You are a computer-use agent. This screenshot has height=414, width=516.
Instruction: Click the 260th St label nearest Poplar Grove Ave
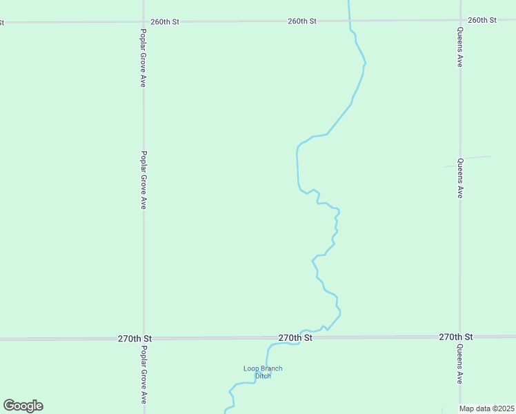165,21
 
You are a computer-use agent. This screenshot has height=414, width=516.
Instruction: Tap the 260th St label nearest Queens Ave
482,20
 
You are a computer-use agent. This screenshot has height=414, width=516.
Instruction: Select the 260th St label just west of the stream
302,21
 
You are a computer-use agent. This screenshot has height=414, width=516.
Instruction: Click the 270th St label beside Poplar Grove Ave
135,339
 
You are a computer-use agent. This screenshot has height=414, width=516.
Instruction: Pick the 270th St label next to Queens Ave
455,337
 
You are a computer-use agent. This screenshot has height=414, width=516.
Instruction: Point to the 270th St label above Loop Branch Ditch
295,338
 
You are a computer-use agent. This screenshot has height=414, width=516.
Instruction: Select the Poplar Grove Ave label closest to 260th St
143,58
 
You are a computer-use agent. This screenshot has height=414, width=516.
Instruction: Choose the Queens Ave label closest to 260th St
459,46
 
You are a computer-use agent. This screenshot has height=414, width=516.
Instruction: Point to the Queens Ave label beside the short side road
459,179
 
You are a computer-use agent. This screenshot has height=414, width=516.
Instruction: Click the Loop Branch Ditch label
263,372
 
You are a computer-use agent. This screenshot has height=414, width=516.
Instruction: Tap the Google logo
23,406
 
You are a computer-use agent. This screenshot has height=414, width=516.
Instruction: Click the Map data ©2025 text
487,408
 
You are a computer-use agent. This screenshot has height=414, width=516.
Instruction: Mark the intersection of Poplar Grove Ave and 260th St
143,21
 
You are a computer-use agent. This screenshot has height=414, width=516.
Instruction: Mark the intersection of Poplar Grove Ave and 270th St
143,339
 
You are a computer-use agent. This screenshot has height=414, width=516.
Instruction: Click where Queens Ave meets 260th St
460,20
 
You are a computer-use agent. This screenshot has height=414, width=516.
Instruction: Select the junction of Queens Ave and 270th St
460,337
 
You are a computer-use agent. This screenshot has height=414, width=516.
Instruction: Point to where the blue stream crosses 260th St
349,21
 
